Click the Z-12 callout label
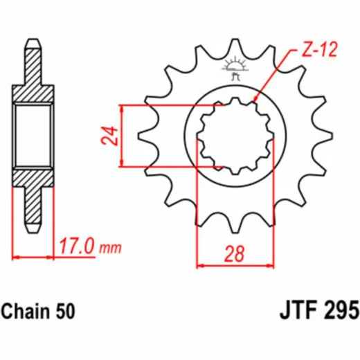click(x=320, y=50)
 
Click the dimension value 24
click(x=110, y=136)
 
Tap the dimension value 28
click(x=234, y=254)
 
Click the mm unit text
click(x=110, y=248)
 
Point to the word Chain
click(x=26, y=311)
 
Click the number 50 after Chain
click(x=65, y=312)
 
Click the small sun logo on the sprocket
click(x=235, y=68)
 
